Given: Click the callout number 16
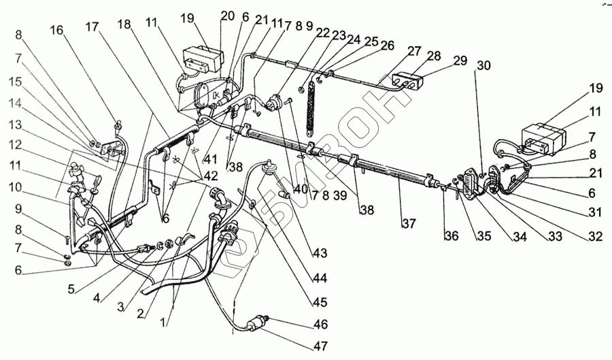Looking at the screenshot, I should (x=58, y=30).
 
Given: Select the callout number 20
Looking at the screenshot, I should (x=227, y=16).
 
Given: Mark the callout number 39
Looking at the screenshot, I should (x=337, y=195).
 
